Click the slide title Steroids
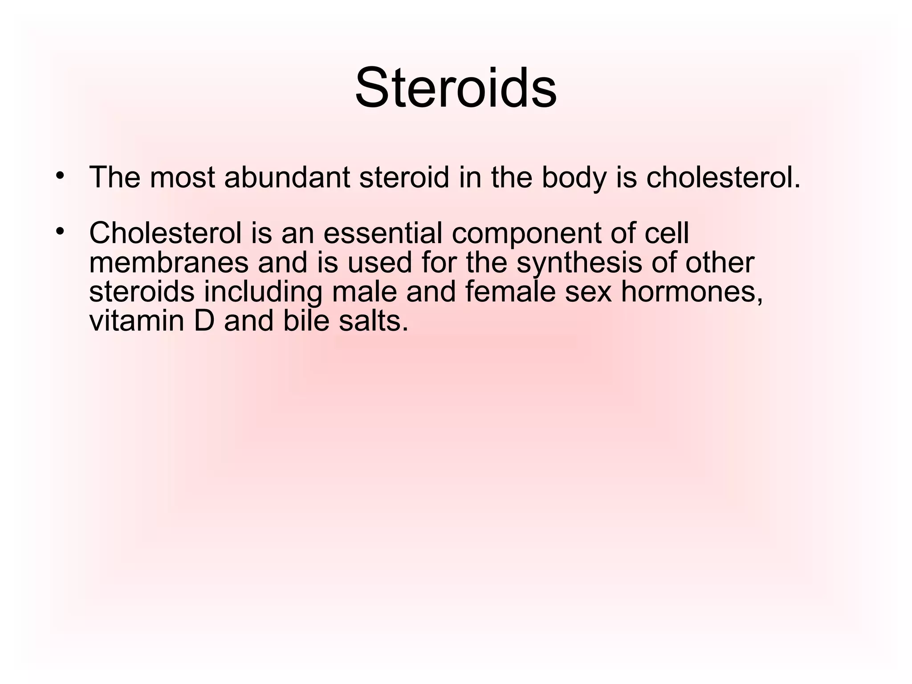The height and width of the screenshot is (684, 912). click(x=456, y=88)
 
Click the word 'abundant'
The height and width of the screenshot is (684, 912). click(x=287, y=177)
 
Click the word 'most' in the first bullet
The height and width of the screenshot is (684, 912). click(x=183, y=177)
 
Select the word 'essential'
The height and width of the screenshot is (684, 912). click(x=383, y=233)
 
